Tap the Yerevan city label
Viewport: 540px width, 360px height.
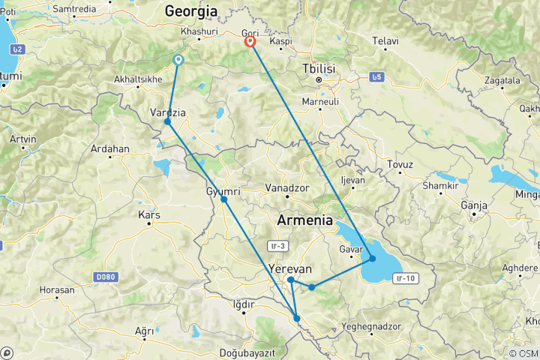[x=289, y=268]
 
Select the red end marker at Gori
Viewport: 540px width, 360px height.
[x=250, y=42]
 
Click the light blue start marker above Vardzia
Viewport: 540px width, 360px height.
[x=178, y=59]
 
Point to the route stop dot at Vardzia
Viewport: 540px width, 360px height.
[x=167, y=121]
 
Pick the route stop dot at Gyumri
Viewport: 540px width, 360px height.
[x=223, y=199]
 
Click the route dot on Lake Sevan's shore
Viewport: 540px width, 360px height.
[x=372, y=259]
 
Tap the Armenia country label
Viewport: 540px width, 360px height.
[x=304, y=220]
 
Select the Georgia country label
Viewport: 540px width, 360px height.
[x=191, y=11]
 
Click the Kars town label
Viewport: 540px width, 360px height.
[x=149, y=215]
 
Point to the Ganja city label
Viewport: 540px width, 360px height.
[x=475, y=205]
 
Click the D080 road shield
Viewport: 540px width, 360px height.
[x=106, y=277]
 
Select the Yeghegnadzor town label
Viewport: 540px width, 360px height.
[x=373, y=327]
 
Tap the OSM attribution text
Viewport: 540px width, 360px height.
[x=523, y=353]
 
